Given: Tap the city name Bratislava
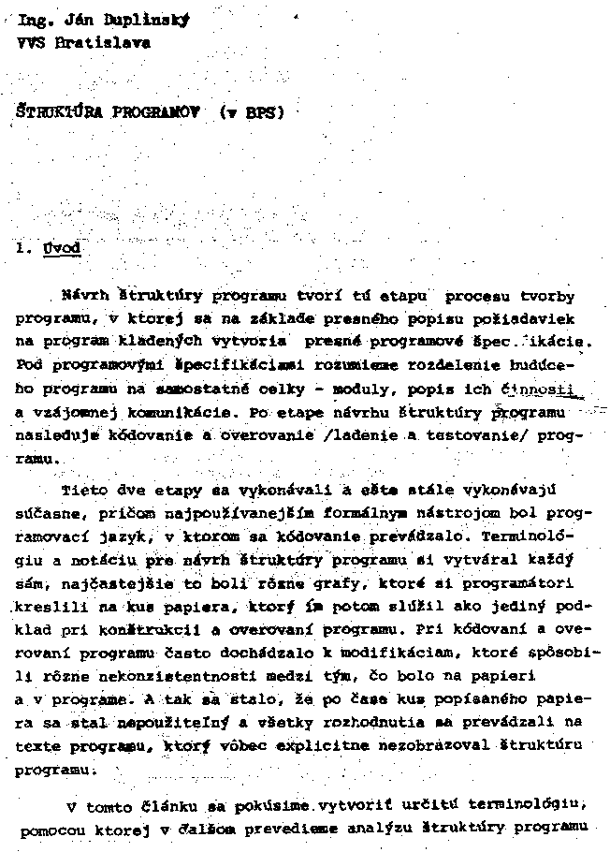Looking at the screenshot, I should (94, 43).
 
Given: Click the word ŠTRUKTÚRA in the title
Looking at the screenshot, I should (57, 114).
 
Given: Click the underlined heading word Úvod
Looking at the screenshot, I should (62, 248).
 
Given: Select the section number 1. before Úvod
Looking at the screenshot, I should (25, 248).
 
